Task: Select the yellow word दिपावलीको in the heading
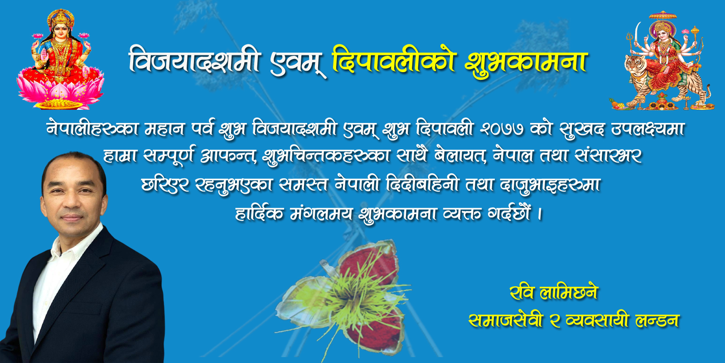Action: (394, 60)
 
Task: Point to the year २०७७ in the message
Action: (502, 129)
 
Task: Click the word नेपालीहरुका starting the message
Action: (92, 129)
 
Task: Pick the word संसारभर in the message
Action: (609, 157)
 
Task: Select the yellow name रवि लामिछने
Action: (553, 293)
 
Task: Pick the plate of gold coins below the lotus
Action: (59, 104)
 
